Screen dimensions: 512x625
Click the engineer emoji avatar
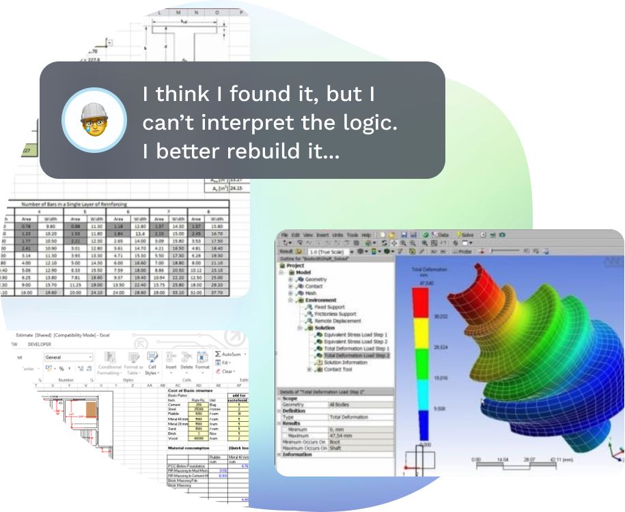94,120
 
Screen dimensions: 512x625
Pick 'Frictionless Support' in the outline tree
335,314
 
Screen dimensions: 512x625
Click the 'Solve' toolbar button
467,235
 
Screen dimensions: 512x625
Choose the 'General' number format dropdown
68,357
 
